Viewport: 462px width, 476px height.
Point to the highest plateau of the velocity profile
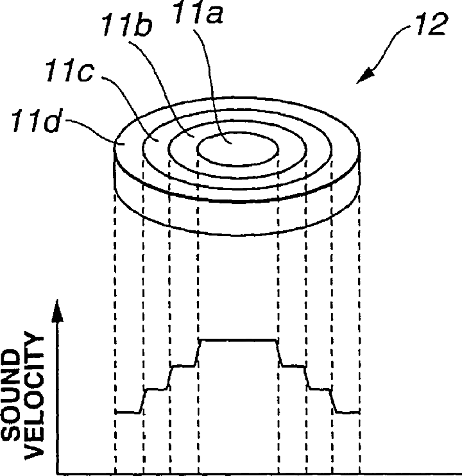(238, 339)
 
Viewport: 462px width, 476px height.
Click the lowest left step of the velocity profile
(127, 412)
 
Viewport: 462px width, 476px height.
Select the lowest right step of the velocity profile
(347, 412)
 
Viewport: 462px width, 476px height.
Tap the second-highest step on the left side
(183, 366)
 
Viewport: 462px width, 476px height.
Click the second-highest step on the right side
(293, 366)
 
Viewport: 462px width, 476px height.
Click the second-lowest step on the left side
(156, 388)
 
